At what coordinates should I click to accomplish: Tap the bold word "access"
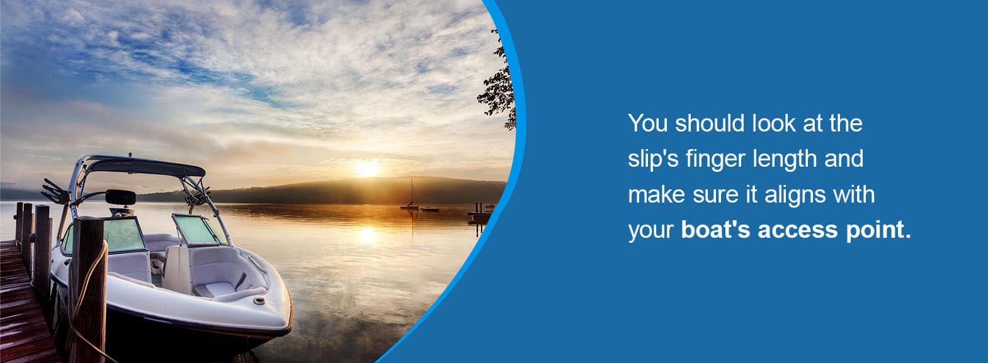(797, 230)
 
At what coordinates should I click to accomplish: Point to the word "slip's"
(653, 159)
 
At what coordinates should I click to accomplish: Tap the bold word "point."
(878, 230)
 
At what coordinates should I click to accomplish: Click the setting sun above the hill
(367, 169)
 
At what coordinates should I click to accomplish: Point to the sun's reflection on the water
(367, 235)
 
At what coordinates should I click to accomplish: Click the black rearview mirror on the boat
(120, 197)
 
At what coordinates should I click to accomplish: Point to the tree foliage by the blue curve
(499, 84)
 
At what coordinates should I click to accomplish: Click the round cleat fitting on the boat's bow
(259, 301)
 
